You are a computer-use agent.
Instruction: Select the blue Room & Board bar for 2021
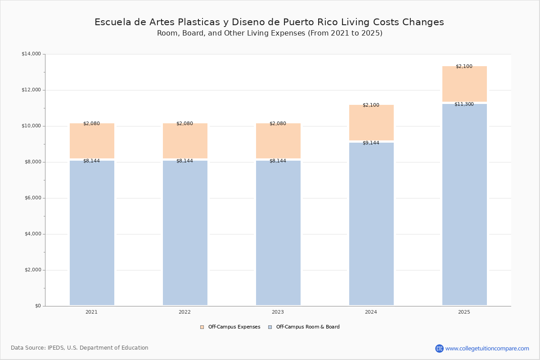pos(92,234)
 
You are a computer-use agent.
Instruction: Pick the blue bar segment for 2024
pos(371,225)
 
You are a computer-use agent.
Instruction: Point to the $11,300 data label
pos(464,104)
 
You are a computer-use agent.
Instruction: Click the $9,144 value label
pos(371,143)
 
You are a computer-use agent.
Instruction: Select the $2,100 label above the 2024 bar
pos(371,105)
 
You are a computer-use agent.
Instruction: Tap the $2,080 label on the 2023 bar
pos(278,124)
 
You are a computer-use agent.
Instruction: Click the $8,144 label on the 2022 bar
pos(184,161)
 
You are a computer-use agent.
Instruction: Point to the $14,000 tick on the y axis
pos(31,54)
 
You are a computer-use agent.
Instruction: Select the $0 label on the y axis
pos(37,306)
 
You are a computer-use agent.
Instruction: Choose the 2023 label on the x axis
pos(278,312)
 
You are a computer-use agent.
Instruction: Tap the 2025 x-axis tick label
pos(464,312)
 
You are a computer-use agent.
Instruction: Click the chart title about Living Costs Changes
pos(269,22)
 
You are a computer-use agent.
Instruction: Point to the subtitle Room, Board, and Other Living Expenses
pos(270,33)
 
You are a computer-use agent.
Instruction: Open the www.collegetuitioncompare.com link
pos(487,348)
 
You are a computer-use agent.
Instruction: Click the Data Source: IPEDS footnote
pos(80,348)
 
